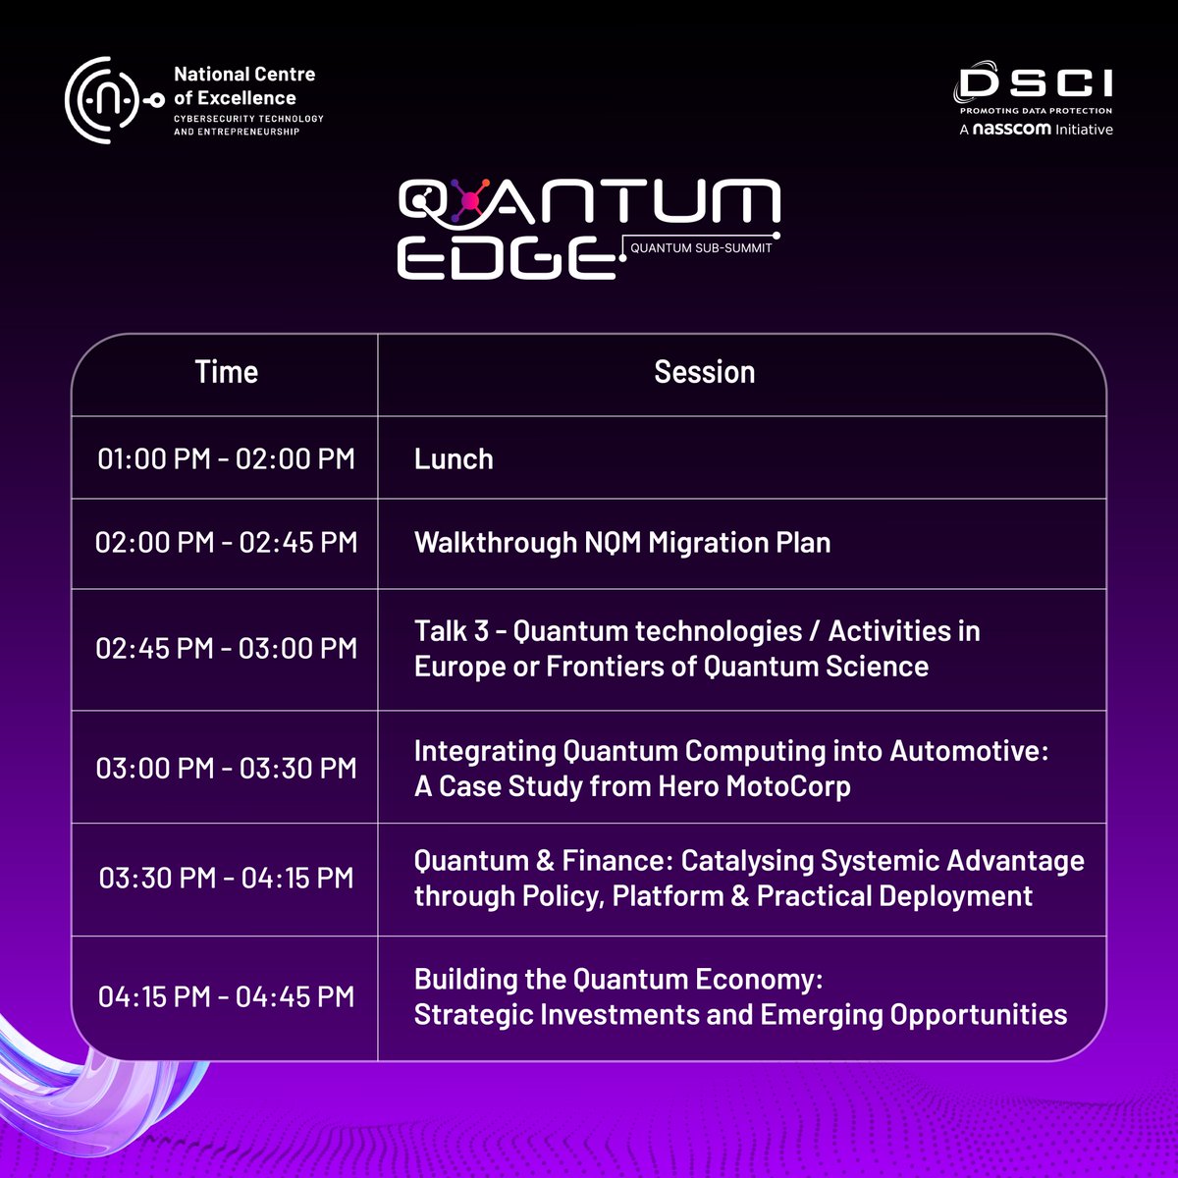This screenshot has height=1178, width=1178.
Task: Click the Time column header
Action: pyautogui.click(x=226, y=373)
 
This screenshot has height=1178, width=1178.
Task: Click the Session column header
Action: pyautogui.click(x=704, y=373)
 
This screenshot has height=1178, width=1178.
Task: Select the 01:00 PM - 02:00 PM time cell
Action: pyautogui.click(x=226, y=459)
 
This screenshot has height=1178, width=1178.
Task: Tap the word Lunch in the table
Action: pyautogui.click(x=454, y=459)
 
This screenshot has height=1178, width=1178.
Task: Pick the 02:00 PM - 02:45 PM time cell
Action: pyautogui.click(x=226, y=543)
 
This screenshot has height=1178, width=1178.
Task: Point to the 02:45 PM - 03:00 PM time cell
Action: pyautogui.click(x=226, y=649)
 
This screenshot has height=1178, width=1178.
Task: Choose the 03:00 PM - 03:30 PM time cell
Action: pyautogui.click(x=226, y=768)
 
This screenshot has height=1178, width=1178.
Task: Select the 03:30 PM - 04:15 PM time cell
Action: pyautogui.click(x=226, y=878)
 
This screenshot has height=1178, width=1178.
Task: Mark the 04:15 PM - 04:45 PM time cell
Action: pyautogui.click(x=226, y=997)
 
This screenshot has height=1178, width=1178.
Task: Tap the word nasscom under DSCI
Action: pyautogui.click(x=1011, y=129)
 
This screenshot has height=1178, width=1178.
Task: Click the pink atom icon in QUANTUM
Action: pyautogui.click(x=469, y=201)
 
